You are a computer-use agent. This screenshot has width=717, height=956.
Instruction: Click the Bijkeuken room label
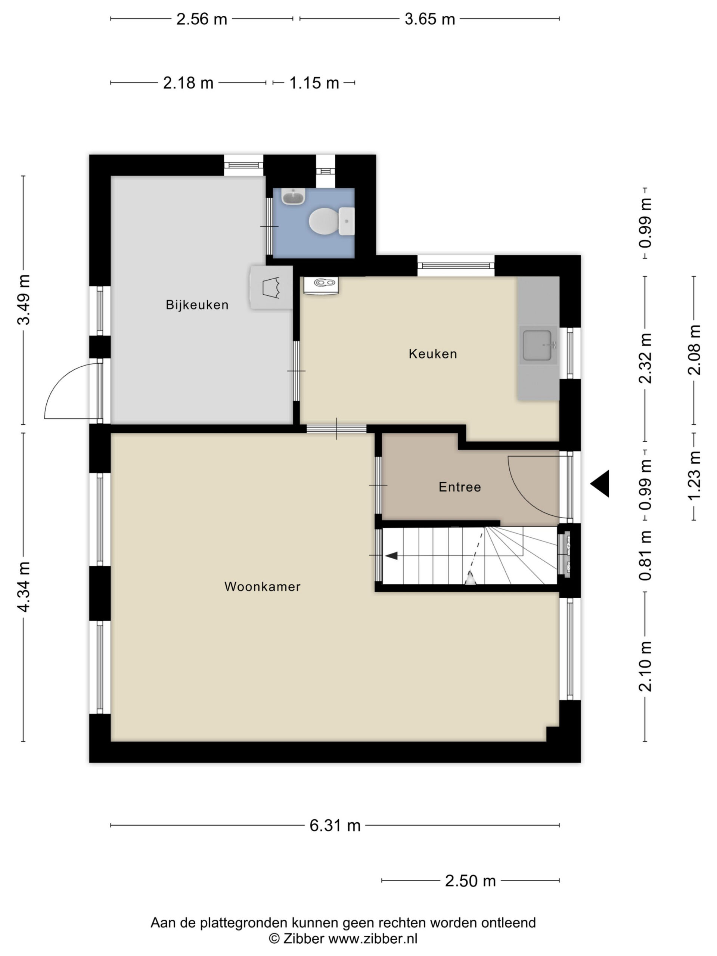point(197,305)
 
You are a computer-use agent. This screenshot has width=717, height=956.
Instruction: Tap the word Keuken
point(432,354)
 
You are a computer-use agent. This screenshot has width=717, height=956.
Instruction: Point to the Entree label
point(459,487)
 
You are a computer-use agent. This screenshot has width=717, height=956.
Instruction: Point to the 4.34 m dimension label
point(24,587)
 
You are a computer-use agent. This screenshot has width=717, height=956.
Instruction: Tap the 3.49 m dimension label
point(24,299)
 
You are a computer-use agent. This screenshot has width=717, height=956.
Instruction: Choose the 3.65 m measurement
point(429,19)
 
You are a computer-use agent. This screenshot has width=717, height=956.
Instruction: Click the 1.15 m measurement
point(314,83)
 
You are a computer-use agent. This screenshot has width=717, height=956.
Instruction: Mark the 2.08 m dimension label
point(694,350)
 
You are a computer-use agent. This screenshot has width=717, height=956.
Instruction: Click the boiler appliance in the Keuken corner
point(321,285)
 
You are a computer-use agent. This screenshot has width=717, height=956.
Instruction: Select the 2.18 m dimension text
point(188,83)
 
